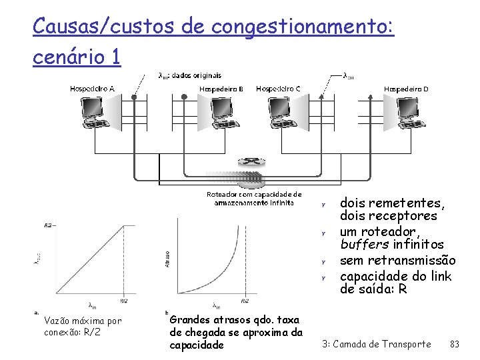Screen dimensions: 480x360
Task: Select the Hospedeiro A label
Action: coord(92,89)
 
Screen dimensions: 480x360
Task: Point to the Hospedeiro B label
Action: coord(222,89)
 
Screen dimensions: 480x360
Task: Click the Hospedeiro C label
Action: coord(278,89)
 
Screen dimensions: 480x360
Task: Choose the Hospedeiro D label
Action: coord(406,89)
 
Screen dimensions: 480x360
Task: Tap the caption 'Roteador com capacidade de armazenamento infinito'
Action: coord(253,198)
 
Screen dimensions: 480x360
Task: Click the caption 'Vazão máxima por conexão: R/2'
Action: coord(82,326)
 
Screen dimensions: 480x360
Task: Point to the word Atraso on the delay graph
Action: coord(167,259)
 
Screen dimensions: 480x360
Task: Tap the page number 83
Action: coord(455,344)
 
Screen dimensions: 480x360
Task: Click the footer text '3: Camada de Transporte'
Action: coord(376,344)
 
